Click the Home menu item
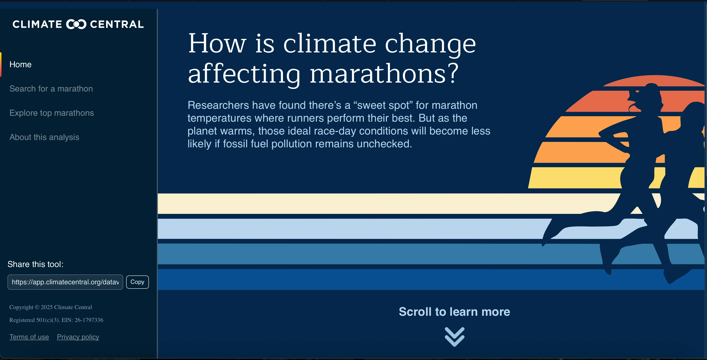pyautogui.click(x=21, y=65)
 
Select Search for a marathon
pyautogui.click(x=51, y=89)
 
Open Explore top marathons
pyautogui.click(x=52, y=113)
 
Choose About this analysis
pyautogui.click(x=44, y=137)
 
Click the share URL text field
pyautogui.click(x=65, y=282)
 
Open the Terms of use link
pyautogui.click(x=29, y=337)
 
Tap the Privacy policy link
pyautogui.click(x=78, y=337)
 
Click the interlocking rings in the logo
pyautogui.click(x=76, y=24)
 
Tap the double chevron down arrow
pyautogui.click(x=454, y=337)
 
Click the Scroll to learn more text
pyautogui.click(x=454, y=312)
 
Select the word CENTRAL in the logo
pyautogui.click(x=117, y=24)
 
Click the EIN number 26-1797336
pyautogui.click(x=89, y=320)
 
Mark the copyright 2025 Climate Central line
pyautogui.click(x=50, y=307)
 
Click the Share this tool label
pyautogui.click(x=35, y=264)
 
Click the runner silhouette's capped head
pyautogui.click(x=648, y=93)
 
